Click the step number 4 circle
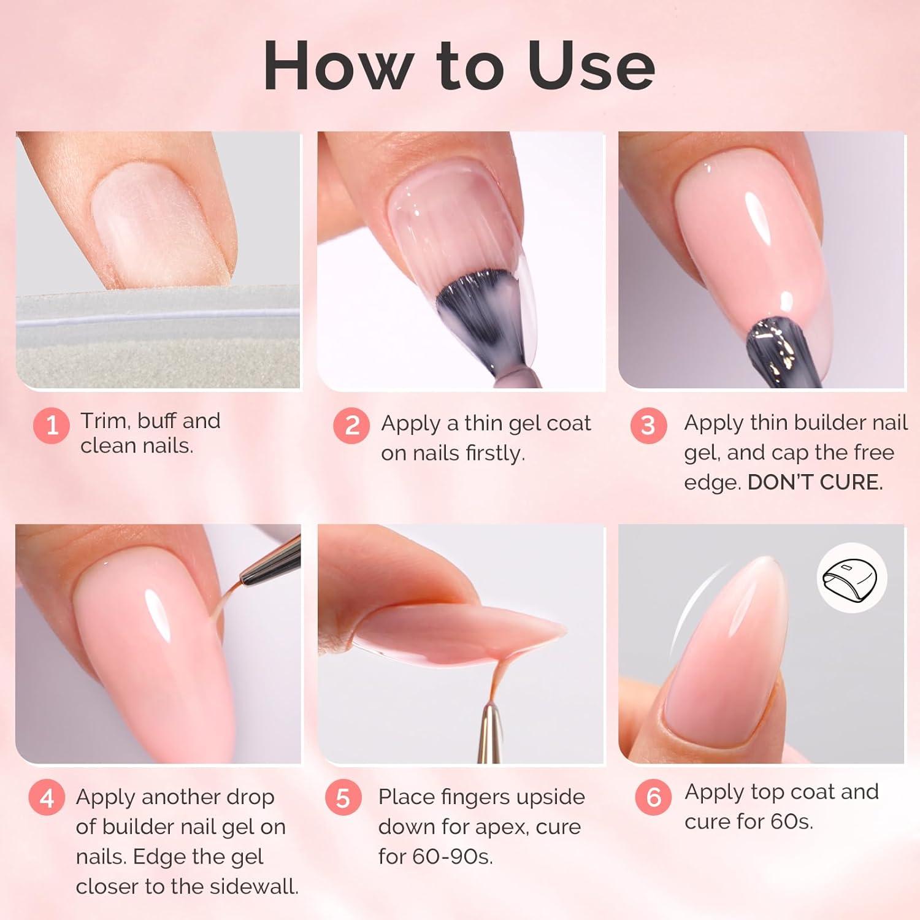[x=47, y=799]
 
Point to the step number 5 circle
[x=343, y=799]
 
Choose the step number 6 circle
[x=654, y=797]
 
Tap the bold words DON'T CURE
[x=815, y=483]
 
